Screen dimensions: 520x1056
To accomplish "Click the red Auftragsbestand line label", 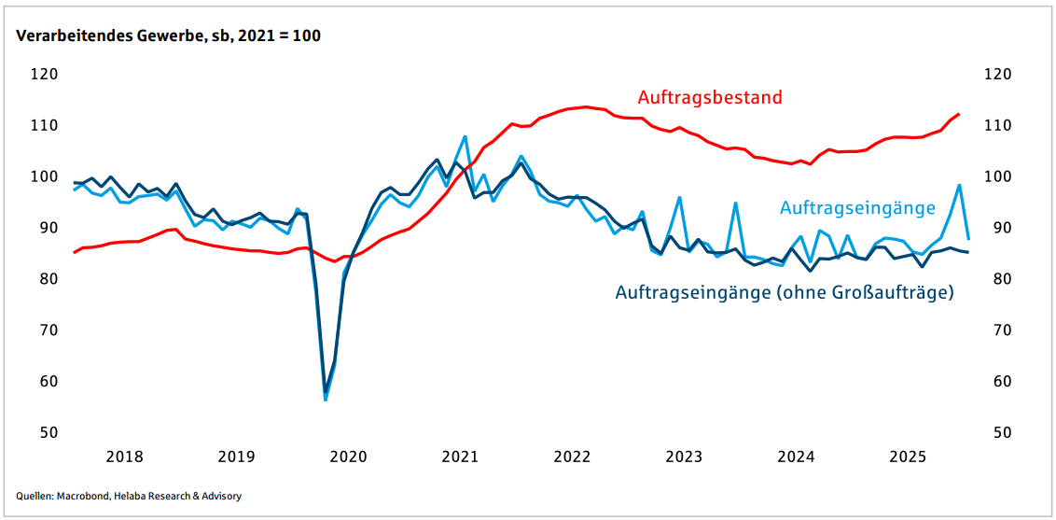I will (709, 97).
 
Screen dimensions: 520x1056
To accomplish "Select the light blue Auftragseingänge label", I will (857, 207).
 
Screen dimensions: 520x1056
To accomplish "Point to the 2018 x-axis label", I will (124, 457).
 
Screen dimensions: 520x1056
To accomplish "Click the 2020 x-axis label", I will (348, 457).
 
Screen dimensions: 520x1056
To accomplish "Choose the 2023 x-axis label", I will (684, 457).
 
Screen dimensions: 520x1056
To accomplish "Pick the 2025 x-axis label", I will (908, 457).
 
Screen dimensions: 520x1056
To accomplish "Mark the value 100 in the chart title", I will (307, 36).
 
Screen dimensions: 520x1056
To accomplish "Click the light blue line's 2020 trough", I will (326, 399).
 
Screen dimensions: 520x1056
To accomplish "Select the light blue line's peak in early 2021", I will (465, 136).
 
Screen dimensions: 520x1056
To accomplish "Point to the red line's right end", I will (958, 114).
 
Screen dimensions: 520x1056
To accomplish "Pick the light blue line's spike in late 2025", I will (959, 185).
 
